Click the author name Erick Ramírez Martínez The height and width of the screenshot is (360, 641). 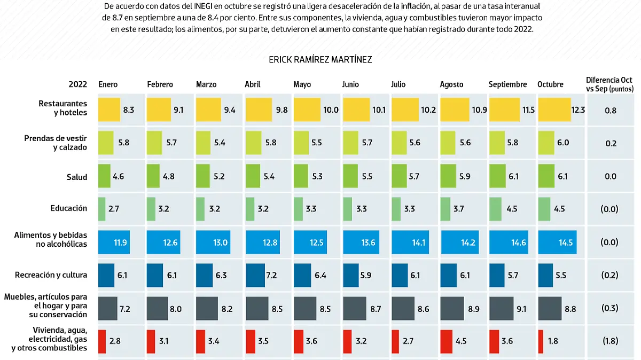click(x=320, y=60)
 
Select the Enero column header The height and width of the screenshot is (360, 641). click(x=108, y=84)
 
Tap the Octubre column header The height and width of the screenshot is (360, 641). click(x=550, y=84)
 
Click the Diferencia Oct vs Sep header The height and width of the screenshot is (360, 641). click(x=609, y=84)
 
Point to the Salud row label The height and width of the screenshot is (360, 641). click(x=77, y=177)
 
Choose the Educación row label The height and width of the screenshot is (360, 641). click(x=69, y=208)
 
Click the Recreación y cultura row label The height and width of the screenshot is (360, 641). click(x=51, y=275)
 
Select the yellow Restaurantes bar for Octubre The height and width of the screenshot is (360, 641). click(x=554, y=110)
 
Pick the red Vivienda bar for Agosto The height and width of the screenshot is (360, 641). click(x=446, y=341)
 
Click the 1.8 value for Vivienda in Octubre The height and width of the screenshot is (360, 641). click(x=553, y=341)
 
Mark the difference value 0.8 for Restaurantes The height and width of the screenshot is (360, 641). click(x=611, y=111)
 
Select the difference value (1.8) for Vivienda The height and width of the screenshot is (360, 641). click(x=610, y=341)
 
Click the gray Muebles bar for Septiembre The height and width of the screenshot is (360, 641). click(x=501, y=308)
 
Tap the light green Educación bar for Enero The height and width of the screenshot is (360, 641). click(x=101, y=209)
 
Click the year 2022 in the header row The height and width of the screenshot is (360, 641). click(x=78, y=84)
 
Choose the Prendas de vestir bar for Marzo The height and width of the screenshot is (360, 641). click(x=204, y=143)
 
